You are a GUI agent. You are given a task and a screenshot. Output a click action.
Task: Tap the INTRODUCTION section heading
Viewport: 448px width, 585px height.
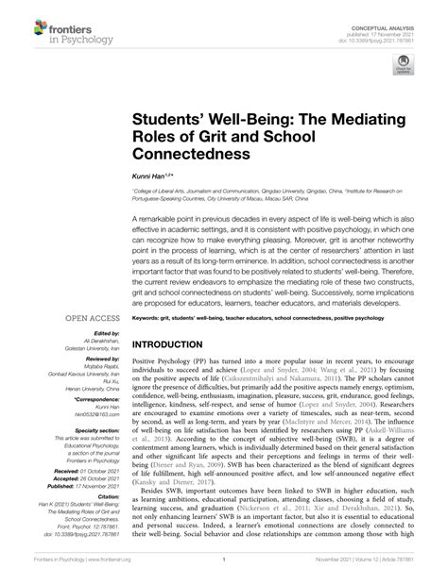click(181, 344)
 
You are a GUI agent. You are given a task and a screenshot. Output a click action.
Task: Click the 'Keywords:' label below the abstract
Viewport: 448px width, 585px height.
click(150, 319)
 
